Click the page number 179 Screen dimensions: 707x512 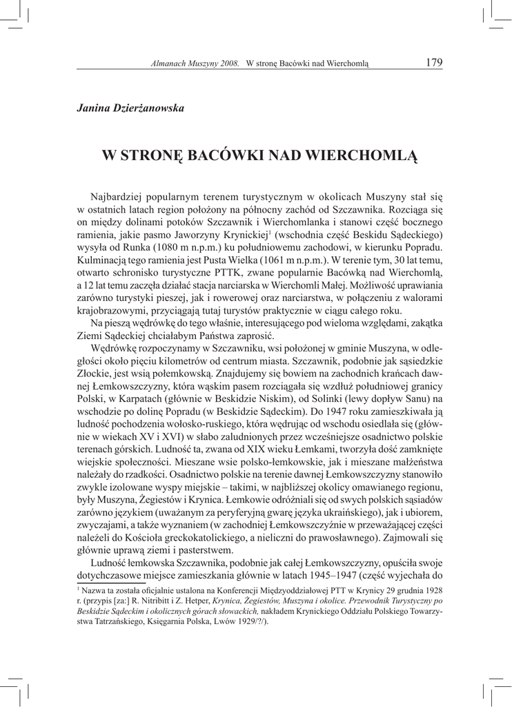point(434,62)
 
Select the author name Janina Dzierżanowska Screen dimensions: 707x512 point(130,106)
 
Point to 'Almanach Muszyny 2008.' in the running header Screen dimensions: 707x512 point(195,64)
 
